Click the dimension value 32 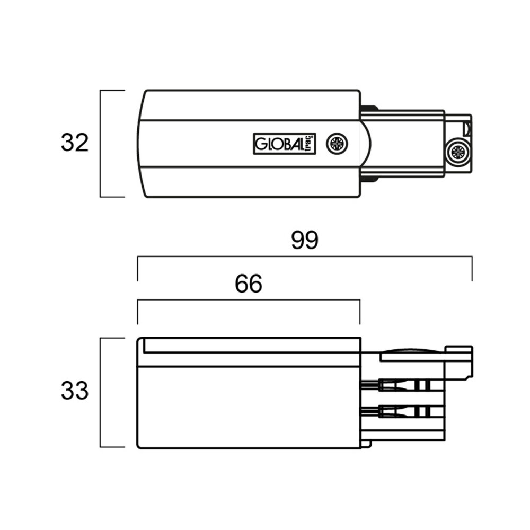[x=75, y=143]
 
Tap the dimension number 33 [x=75, y=392]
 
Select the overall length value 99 [x=304, y=241]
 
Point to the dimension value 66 [x=249, y=285]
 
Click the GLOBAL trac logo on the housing [x=284, y=144]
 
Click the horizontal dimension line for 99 [x=304, y=257]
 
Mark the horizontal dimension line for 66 [x=249, y=301]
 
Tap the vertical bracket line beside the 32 [x=101, y=143]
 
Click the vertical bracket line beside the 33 [x=101, y=392]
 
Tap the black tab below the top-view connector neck [x=369, y=179]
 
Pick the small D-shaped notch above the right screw [x=466, y=127]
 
